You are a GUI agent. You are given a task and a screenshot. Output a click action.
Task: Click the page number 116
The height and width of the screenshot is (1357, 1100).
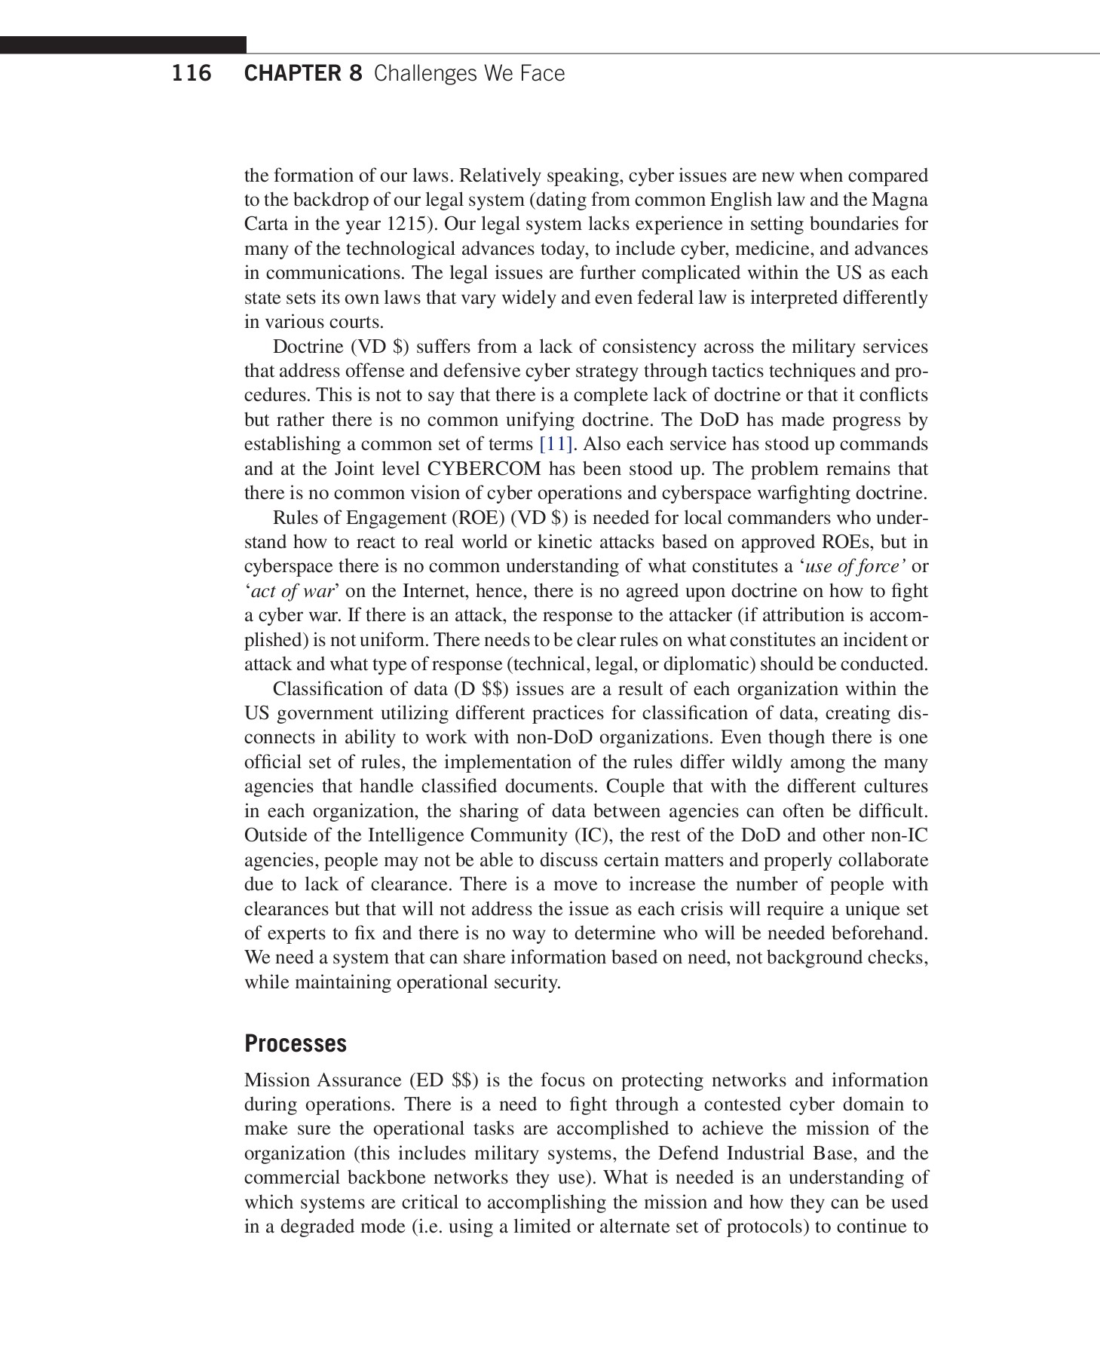click(192, 73)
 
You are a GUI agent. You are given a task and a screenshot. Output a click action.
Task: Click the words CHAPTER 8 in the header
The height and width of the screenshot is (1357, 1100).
click(303, 73)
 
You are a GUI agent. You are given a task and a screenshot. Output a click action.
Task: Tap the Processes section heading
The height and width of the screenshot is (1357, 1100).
click(296, 1043)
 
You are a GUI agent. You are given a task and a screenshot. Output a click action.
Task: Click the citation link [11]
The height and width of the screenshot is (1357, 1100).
click(556, 444)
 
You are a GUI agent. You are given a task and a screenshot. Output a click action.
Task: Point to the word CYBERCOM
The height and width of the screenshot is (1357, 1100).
click(484, 469)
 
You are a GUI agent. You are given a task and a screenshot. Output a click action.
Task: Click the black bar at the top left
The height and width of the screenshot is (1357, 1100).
click(123, 44)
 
